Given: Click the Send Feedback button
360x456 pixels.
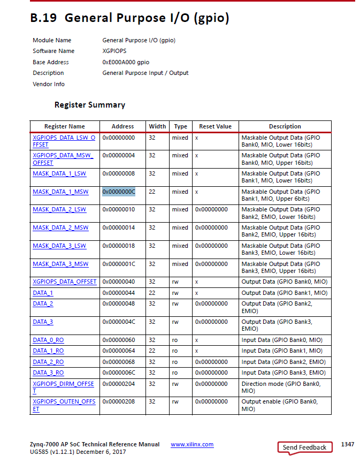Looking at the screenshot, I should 304,447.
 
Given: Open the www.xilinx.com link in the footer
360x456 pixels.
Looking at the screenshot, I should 192,445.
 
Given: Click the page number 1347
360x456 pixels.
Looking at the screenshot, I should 347,445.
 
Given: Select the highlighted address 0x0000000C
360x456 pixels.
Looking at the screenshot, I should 119,192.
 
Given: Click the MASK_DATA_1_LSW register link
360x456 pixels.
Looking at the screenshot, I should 59,173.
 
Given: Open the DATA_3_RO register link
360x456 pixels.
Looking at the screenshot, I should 48,373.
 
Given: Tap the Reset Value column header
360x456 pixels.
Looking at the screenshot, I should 215,126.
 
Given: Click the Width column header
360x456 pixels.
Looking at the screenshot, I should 157,126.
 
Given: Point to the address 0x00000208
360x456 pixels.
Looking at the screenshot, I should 119,401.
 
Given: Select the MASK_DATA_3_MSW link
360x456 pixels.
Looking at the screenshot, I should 60,264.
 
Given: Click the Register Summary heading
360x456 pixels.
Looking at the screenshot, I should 90,105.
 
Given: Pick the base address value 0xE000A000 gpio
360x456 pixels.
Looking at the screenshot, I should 126,62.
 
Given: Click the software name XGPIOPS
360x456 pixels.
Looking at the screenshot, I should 115,51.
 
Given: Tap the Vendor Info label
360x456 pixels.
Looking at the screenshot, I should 49,84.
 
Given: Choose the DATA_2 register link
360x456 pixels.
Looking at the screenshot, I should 43,303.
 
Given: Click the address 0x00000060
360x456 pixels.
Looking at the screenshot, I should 119,340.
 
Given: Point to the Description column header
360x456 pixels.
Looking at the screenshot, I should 285,126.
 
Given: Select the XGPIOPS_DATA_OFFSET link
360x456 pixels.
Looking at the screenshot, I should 65,282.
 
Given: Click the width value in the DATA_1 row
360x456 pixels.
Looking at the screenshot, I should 152,293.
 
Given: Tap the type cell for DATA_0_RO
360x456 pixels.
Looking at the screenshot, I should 175,340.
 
